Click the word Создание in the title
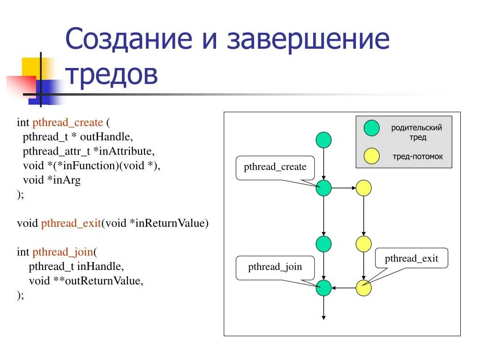(x=128, y=39)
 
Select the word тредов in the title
(x=111, y=74)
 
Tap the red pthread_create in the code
(x=67, y=123)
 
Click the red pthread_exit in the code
(x=71, y=223)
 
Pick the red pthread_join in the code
(x=62, y=252)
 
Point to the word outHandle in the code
(x=106, y=137)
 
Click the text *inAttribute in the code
(x=123, y=151)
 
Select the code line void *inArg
(x=52, y=180)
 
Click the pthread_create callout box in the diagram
(x=275, y=167)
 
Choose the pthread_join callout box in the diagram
(x=275, y=268)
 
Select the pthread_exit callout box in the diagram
(x=411, y=259)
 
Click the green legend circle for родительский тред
(x=372, y=128)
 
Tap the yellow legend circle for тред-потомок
(x=372, y=156)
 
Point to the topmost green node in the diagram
(x=323, y=140)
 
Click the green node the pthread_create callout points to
(x=323, y=188)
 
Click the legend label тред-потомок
(x=417, y=157)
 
